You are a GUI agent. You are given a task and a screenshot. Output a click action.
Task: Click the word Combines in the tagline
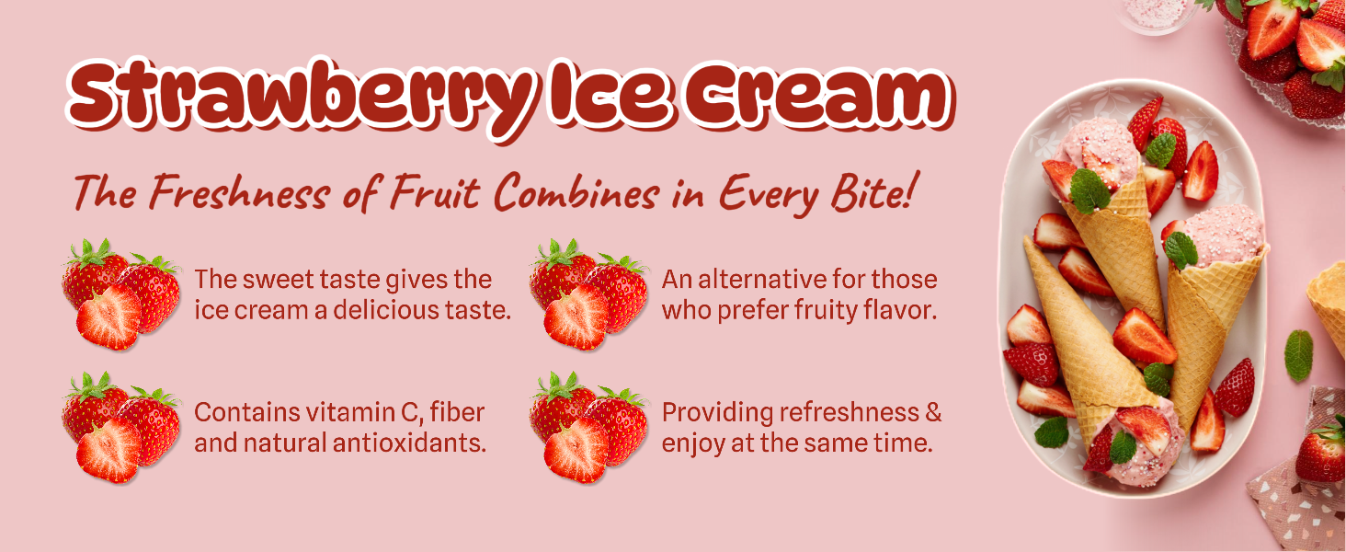[576, 191]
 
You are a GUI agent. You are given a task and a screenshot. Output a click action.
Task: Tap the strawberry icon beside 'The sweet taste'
[120, 294]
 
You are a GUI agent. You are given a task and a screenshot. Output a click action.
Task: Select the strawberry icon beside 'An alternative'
[588, 294]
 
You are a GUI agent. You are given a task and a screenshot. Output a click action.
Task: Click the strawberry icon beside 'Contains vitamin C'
[120, 428]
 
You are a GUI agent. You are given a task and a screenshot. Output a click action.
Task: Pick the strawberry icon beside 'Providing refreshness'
[588, 428]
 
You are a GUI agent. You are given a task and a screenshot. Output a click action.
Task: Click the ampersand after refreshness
[933, 412]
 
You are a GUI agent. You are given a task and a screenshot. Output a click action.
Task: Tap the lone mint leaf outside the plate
[1298, 355]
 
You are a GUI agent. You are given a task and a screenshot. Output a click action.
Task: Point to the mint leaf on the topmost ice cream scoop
[1159, 150]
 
